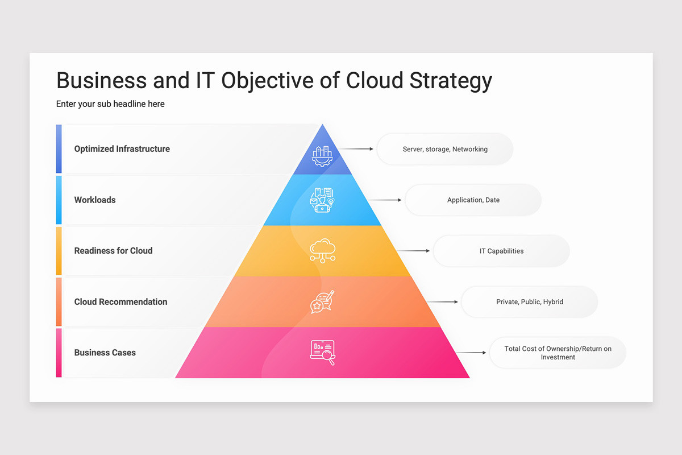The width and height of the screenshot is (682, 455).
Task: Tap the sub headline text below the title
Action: pyautogui.click(x=110, y=104)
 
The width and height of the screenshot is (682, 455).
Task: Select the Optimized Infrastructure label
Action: pyautogui.click(x=122, y=149)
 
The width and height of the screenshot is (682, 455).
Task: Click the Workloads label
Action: pyautogui.click(x=95, y=200)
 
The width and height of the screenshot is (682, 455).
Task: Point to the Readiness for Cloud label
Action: pyautogui.click(x=113, y=251)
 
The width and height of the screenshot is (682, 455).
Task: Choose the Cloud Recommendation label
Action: pyautogui.click(x=120, y=302)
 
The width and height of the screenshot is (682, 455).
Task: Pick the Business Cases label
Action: pyautogui.click(x=105, y=353)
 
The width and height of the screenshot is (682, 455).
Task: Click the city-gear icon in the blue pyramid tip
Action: pyautogui.click(x=322, y=155)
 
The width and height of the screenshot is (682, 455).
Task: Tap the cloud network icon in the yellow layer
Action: pyautogui.click(x=322, y=250)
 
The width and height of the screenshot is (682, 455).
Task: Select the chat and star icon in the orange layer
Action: pyautogui.click(x=322, y=301)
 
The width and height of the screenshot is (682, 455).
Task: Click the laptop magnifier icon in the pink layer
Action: pyautogui.click(x=322, y=352)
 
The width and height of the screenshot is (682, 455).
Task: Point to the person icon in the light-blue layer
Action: pyautogui.click(x=322, y=200)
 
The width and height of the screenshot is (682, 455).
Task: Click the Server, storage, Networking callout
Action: pyautogui.click(x=445, y=149)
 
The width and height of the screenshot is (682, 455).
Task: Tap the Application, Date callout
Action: pyautogui.click(x=473, y=200)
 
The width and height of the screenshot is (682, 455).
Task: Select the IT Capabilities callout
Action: pyautogui.click(x=501, y=251)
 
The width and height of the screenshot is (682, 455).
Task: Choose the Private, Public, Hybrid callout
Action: pyautogui.click(x=529, y=302)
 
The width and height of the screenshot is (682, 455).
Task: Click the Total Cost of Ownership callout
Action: pyautogui.click(x=558, y=353)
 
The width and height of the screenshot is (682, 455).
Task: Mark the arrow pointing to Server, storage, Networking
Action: pyautogui.click(x=356, y=149)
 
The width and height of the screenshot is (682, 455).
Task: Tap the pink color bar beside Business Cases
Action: pyautogui.click(x=59, y=353)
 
